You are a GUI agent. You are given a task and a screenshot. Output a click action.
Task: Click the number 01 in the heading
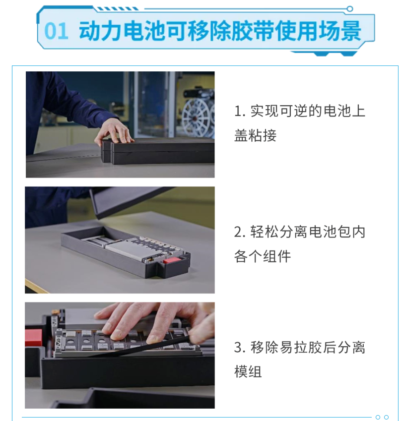[56, 31]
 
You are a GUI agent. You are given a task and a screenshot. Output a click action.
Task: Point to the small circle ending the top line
[350, 9]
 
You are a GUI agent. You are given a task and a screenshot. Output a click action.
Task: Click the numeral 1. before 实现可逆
[240, 111]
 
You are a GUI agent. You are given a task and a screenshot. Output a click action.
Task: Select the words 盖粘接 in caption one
[255, 135]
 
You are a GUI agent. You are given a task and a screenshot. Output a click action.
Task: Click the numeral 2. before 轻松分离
[240, 232]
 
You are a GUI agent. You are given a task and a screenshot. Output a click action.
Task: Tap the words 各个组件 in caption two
[263, 256]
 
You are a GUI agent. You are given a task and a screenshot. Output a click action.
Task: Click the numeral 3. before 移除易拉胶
[240, 348]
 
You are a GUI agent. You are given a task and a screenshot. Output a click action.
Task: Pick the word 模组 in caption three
[248, 371]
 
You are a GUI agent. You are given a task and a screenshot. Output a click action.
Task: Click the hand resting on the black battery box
[114, 132]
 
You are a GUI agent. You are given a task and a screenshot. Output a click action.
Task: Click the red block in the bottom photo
[34, 338]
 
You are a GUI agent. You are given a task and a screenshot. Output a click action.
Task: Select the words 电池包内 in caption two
[337, 232]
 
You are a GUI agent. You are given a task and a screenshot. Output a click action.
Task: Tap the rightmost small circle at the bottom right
[386, 417]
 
